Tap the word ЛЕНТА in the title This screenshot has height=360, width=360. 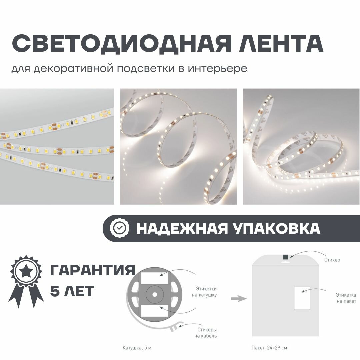pos(281,43)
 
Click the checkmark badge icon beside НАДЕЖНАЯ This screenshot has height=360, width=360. pos(120,228)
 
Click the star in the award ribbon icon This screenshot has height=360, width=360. pos(26,272)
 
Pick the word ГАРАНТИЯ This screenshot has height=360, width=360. pos(93,270)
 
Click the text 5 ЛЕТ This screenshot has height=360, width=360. pos(72,291)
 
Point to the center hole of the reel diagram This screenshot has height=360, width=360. pos(154,295)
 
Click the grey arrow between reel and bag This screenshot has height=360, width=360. pos(239,299)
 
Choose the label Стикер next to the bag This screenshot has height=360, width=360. pos(332,260)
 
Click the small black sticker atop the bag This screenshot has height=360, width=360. pos(285,257)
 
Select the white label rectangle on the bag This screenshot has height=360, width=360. pos(302,298)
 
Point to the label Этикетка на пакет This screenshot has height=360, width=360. pos(346,298)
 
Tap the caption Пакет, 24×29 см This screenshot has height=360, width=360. pos(269,348)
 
